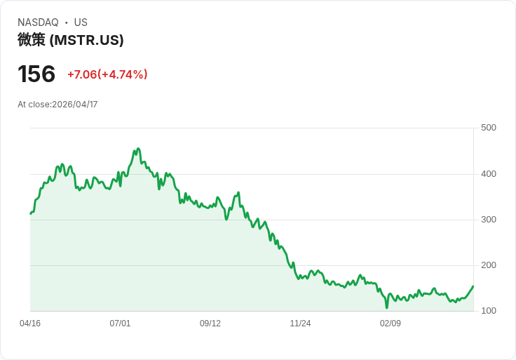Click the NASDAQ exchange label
pos(38,22)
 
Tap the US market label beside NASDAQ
pos(81,22)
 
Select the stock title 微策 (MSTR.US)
pos(71,40)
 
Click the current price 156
pos(36,74)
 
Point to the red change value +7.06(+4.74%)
pos(107,74)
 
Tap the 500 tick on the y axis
pos(489,128)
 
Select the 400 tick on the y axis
pos(489,174)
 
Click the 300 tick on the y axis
pos(489,220)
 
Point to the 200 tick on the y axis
pos(489,265)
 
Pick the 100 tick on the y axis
pos(489,311)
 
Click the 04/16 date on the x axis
pos(30,324)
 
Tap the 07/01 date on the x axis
pos(120,324)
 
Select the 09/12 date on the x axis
pos(210,324)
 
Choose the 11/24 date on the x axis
pos(300,324)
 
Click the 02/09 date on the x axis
pos(391,324)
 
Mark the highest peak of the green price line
pos(138,149)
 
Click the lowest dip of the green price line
pos(386,307)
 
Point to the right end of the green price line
pos(473,286)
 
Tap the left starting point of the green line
pos(30,213)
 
